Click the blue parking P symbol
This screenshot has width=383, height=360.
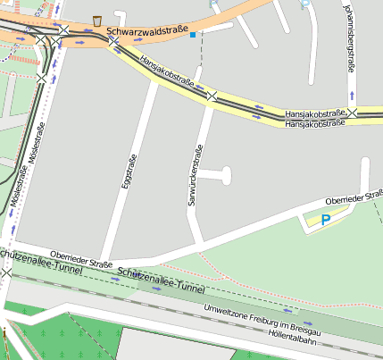326,219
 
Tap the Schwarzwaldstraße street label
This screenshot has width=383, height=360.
147,31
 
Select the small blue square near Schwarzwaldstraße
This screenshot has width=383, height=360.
193,34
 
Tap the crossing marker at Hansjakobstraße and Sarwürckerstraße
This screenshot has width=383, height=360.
212,96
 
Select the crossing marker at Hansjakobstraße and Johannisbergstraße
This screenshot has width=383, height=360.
354,113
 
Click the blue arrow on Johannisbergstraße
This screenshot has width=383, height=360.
354,93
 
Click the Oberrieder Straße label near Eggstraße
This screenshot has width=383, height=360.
81,258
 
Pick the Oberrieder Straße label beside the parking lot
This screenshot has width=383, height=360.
354,197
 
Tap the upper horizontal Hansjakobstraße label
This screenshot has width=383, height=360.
314,115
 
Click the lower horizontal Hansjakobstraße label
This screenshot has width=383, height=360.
314,125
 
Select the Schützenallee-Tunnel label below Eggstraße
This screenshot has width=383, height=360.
160,283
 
